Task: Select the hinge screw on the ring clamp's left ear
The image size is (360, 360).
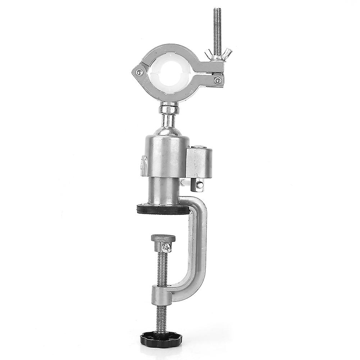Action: pyautogui.click(x=138, y=73)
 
